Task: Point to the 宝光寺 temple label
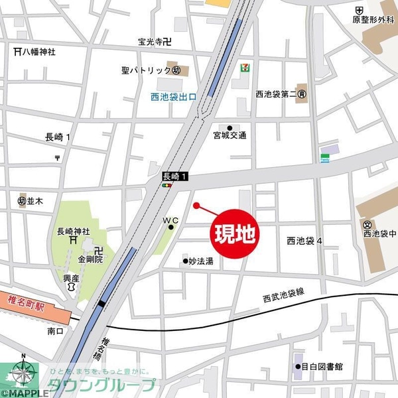154,42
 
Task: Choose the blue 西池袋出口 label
174,98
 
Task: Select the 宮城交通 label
230,135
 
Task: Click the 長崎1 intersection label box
176,177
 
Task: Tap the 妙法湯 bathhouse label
200,261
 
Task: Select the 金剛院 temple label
90,260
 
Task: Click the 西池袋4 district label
304,240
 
